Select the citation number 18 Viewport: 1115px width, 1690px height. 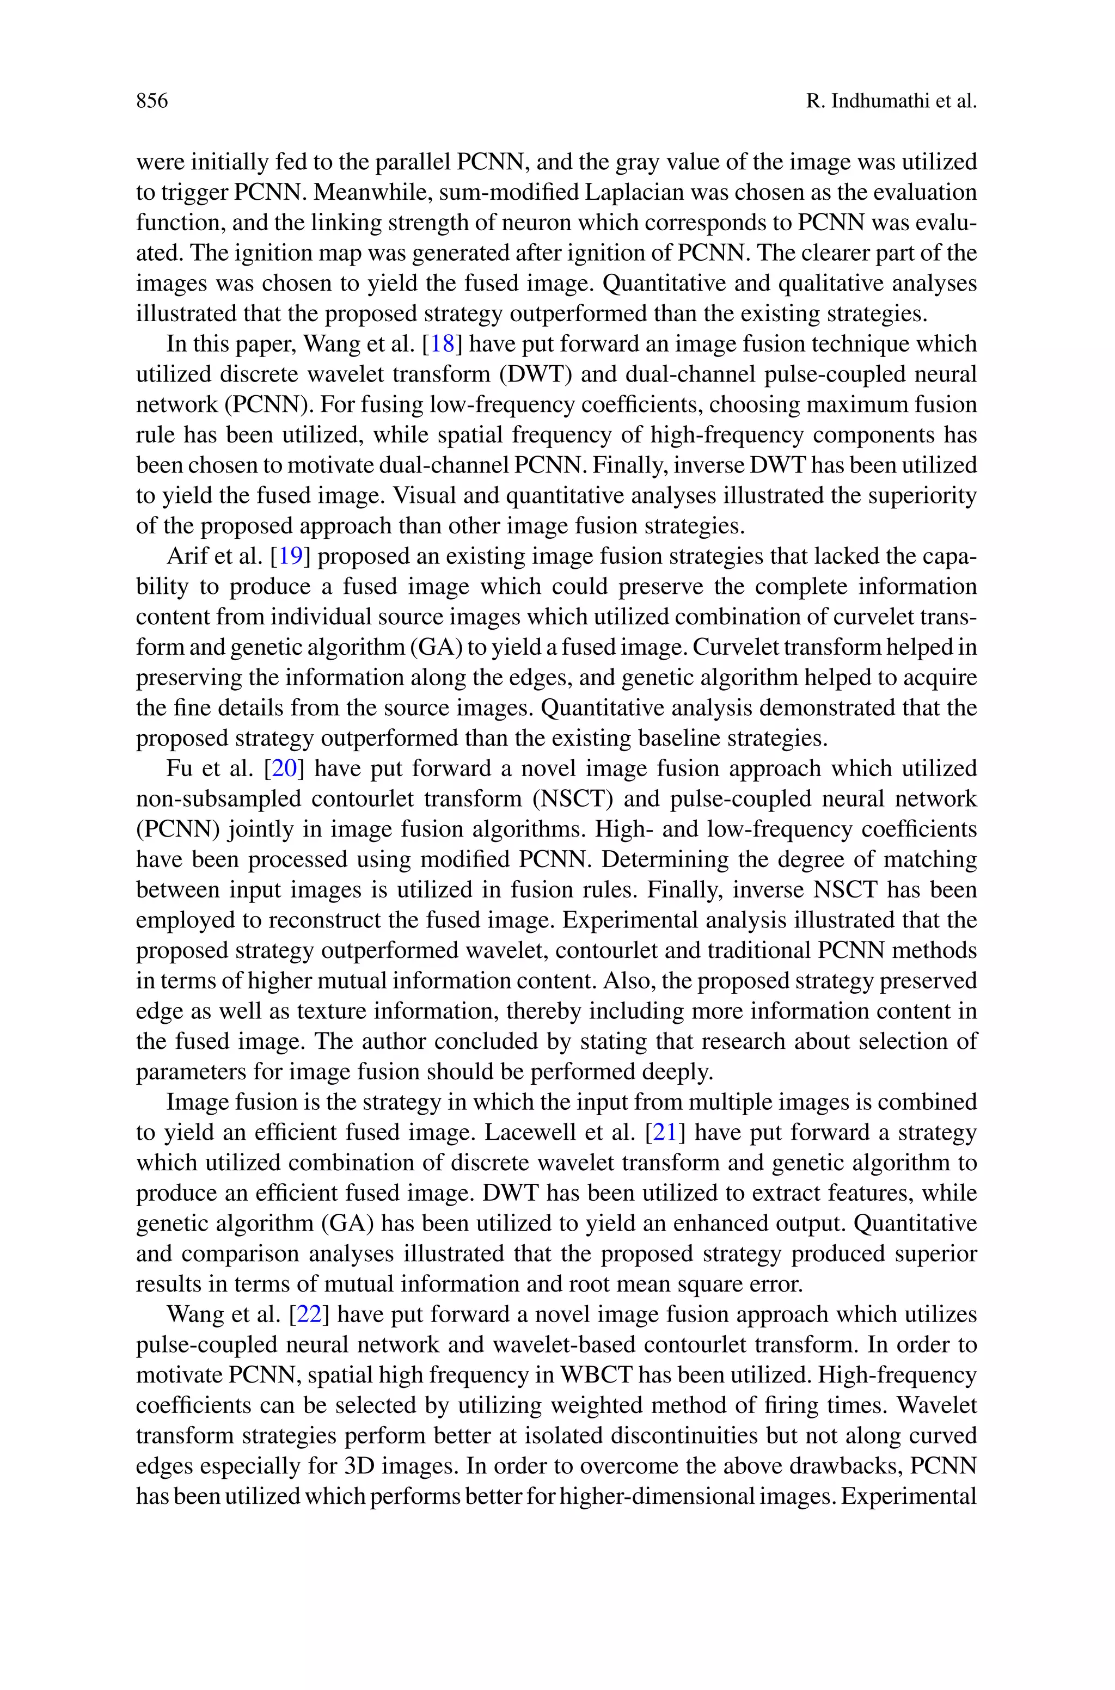tap(442, 345)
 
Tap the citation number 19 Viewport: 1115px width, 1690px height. tap(290, 556)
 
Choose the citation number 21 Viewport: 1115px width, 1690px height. tap(664, 1133)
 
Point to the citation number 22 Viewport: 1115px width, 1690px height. tap(309, 1315)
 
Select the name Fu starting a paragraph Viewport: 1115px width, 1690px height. tap(179, 769)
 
